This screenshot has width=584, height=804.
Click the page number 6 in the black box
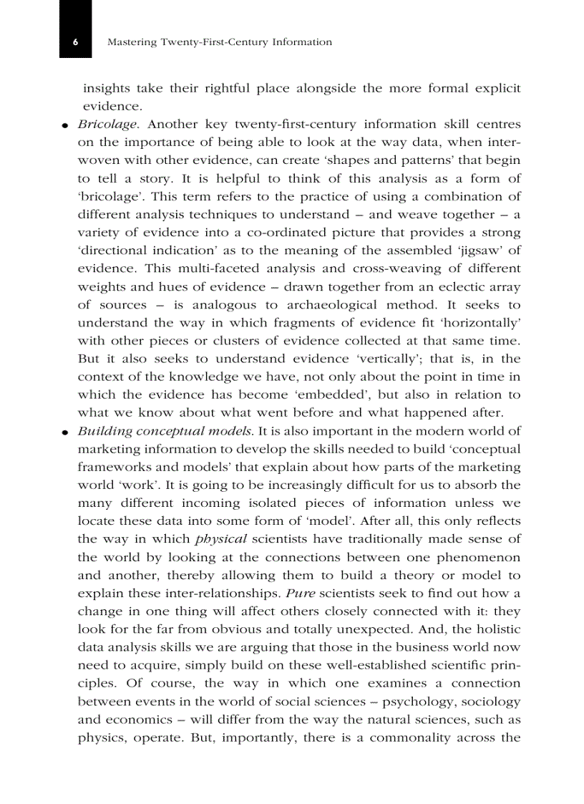(75, 42)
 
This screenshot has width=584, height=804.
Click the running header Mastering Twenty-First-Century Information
(219, 42)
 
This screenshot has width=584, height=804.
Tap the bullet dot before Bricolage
(65, 126)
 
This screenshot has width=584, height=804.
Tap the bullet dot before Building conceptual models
(65, 432)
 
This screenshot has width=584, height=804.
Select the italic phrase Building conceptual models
(165, 432)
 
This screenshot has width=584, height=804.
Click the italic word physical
(221, 539)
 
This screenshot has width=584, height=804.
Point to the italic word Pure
(301, 594)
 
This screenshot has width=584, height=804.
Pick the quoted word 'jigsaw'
(478, 251)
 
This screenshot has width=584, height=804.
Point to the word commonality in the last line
(414, 737)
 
